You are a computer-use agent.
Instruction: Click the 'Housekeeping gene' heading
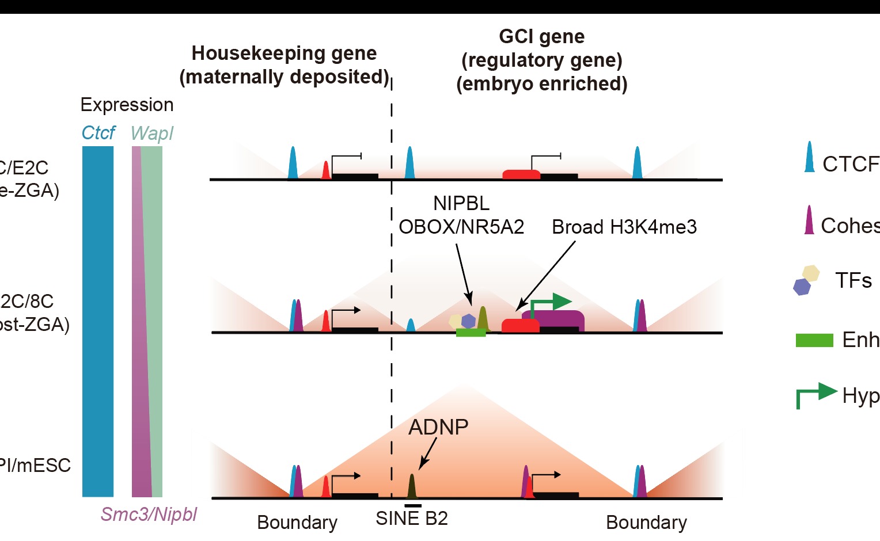click(284, 54)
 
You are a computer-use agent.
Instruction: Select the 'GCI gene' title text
click(541, 37)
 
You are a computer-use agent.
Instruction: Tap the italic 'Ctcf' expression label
click(98, 133)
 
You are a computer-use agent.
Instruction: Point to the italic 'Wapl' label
click(151, 134)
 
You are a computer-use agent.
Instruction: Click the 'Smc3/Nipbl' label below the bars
click(149, 514)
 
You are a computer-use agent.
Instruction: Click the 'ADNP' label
click(438, 427)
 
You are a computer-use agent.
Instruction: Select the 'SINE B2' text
click(411, 519)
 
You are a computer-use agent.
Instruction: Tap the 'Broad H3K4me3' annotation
click(624, 227)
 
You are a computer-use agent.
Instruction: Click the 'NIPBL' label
click(461, 203)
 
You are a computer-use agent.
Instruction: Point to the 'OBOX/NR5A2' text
click(461, 227)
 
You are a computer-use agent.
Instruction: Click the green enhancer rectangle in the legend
click(814, 340)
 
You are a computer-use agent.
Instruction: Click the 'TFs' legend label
click(854, 281)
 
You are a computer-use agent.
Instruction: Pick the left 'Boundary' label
click(297, 523)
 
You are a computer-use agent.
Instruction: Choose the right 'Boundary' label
click(646, 523)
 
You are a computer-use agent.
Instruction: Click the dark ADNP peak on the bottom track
click(412, 486)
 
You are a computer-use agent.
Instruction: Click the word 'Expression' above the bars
click(127, 105)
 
